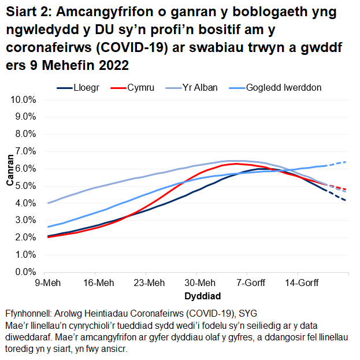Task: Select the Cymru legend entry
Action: pos(142,88)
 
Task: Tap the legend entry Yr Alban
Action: pos(199,88)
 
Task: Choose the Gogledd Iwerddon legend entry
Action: pos(283,88)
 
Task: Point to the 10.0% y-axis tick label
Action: pos(24,99)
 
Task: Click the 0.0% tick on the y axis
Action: pos(27,272)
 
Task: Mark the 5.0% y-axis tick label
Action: pos(27,186)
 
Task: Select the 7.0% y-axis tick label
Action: pos(27,151)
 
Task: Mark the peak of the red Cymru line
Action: pos(236,164)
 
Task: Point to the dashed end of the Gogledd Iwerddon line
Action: pos(346,162)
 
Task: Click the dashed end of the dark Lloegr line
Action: pos(346,200)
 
